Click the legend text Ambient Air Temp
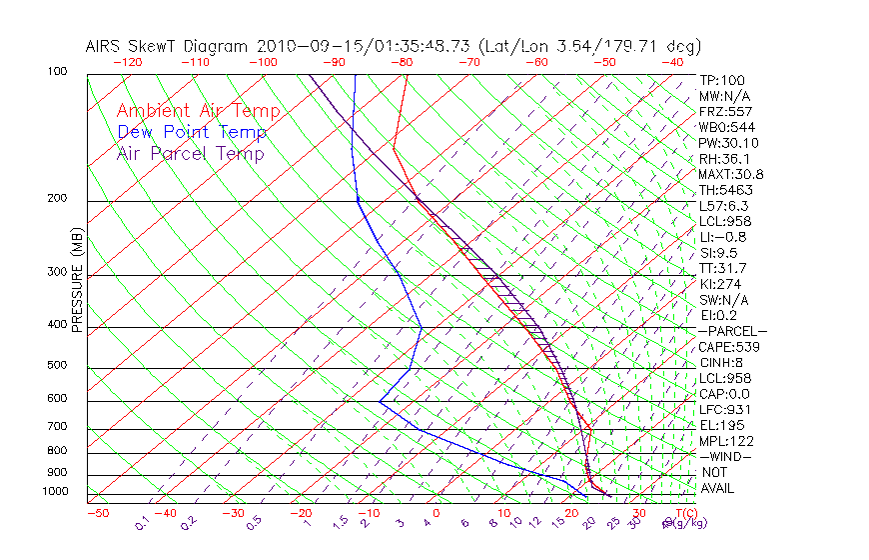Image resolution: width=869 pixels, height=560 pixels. coord(198,111)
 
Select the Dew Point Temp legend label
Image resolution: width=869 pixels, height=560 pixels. coord(192,132)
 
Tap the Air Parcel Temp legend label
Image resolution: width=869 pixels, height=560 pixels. coord(190,153)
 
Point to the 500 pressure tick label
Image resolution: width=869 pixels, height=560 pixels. coord(57,366)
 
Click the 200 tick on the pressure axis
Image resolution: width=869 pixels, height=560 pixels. coord(57,198)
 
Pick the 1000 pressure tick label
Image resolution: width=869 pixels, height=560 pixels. coord(54,492)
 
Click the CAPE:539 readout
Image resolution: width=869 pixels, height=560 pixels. coord(730,346)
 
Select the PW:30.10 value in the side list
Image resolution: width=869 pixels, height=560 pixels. coord(728,143)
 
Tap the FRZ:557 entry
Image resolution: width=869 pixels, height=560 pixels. coord(725,111)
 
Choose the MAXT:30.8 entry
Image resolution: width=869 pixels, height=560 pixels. coord(732,174)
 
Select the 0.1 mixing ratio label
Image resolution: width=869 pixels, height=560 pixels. coord(143,522)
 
